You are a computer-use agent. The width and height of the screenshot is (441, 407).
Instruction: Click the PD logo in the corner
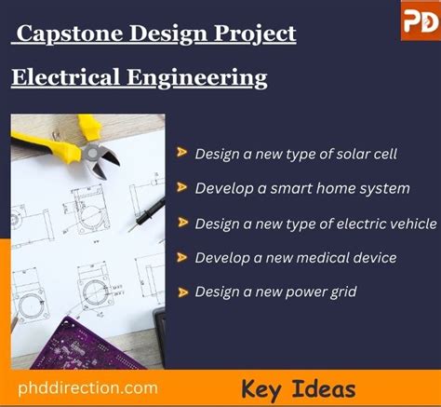click(420, 20)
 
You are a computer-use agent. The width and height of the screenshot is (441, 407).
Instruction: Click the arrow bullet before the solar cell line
click(181, 154)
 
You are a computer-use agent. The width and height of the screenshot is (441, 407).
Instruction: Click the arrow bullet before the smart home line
click(181, 188)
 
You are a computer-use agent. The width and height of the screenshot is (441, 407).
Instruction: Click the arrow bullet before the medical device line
click(181, 258)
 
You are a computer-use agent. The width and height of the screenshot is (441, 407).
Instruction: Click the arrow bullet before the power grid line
click(181, 292)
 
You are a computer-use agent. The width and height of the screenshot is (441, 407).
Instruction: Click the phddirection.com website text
click(87, 387)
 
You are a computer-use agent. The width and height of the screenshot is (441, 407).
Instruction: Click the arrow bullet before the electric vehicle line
click(181, 224)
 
